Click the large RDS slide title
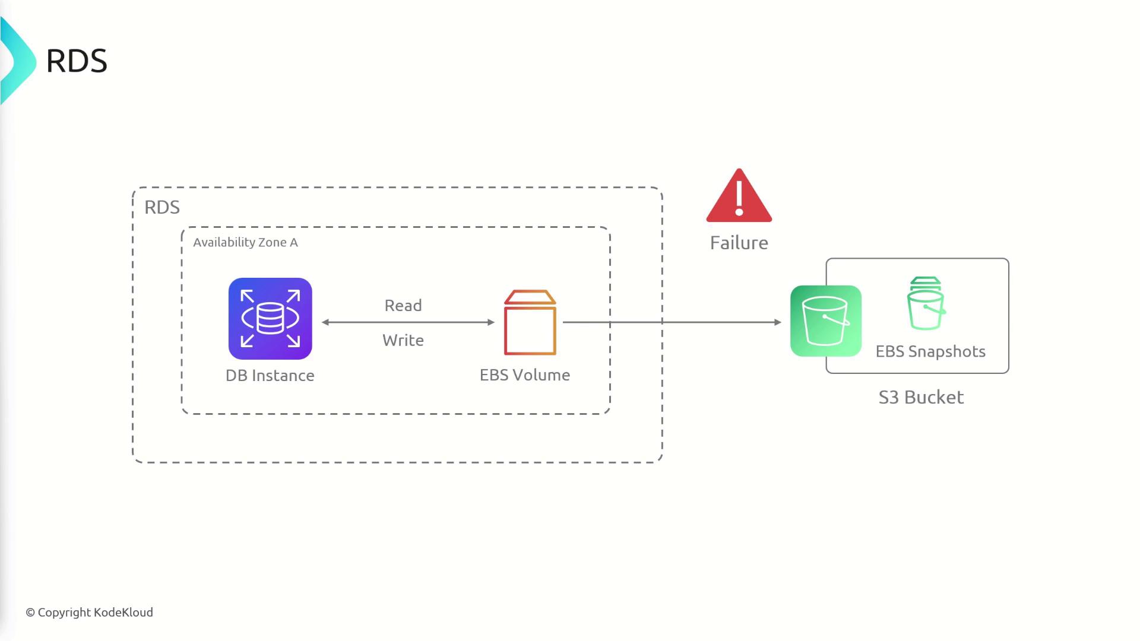coord(77,61)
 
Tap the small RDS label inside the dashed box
coord(161,207)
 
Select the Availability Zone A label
coord(245,242)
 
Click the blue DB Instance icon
coord(270,319)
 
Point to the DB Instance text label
coord(270,375)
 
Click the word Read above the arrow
coord(403,306)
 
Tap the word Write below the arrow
coord(403,340)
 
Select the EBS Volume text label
coord(525,375)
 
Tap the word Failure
coord(739,243)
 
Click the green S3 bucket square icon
coord(826,321)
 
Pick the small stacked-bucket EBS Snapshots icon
coord(926,303)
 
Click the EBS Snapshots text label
coord(930,351)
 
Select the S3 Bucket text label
coord(921,397)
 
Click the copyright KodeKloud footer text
coord(89,613)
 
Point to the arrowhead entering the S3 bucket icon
coord(778,322)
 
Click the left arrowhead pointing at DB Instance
coord(325,322)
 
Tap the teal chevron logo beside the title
coord(18,61)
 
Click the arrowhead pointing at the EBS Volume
coord(491,322)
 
